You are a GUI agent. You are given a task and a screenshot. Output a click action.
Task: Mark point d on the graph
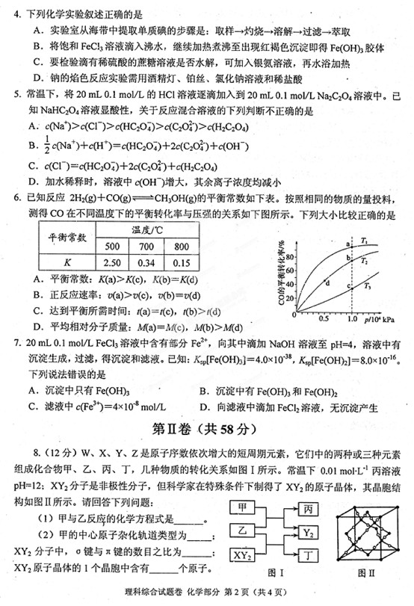[x=328, y=281]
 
